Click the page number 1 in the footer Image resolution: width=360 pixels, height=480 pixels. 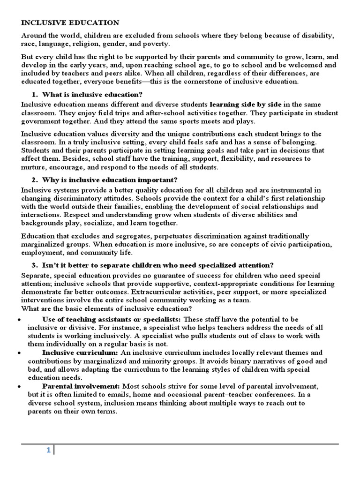(x=48, y=450)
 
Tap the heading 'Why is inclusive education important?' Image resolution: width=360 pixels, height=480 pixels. (x=103, y=180)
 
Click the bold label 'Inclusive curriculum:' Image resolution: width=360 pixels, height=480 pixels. (x=80, y=352)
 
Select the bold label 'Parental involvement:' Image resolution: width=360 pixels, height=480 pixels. (x=82, y=386)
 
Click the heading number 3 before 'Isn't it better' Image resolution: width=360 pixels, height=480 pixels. (x=34, y=265)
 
